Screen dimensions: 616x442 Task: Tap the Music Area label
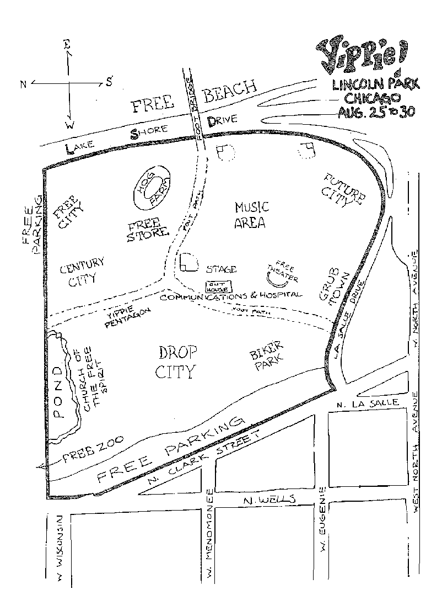251,215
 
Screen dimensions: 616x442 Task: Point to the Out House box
219,287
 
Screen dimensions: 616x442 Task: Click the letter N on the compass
23,84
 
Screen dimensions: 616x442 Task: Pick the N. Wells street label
269,500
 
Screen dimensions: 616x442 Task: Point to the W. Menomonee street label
209,535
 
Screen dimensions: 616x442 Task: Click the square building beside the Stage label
188,263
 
